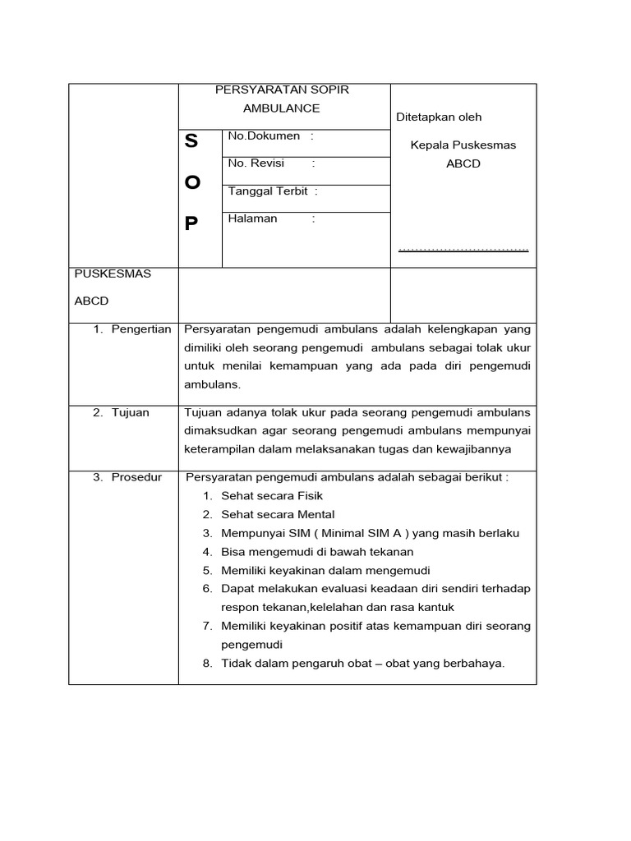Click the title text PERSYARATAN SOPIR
[x=282, y=90]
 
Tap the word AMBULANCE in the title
[x=282, y=108]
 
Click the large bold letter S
[x=191, y=141]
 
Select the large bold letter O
[x=191, y=182]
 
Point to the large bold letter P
[x=191, y=223]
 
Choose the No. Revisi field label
[x=256, y=163]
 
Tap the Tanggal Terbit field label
[x=268, y=191]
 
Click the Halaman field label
[x=252, y=218]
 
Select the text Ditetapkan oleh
[x=439, y=117]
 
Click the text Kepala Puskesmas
[x=463, y=145]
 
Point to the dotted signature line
[x=463, y=249]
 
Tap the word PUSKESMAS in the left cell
[x=113, y=273]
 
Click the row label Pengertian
[x=141, y=329]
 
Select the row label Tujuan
[x=131, y=412]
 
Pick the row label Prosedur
[x=136, y=477]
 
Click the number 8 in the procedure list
[x=208, y=664]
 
